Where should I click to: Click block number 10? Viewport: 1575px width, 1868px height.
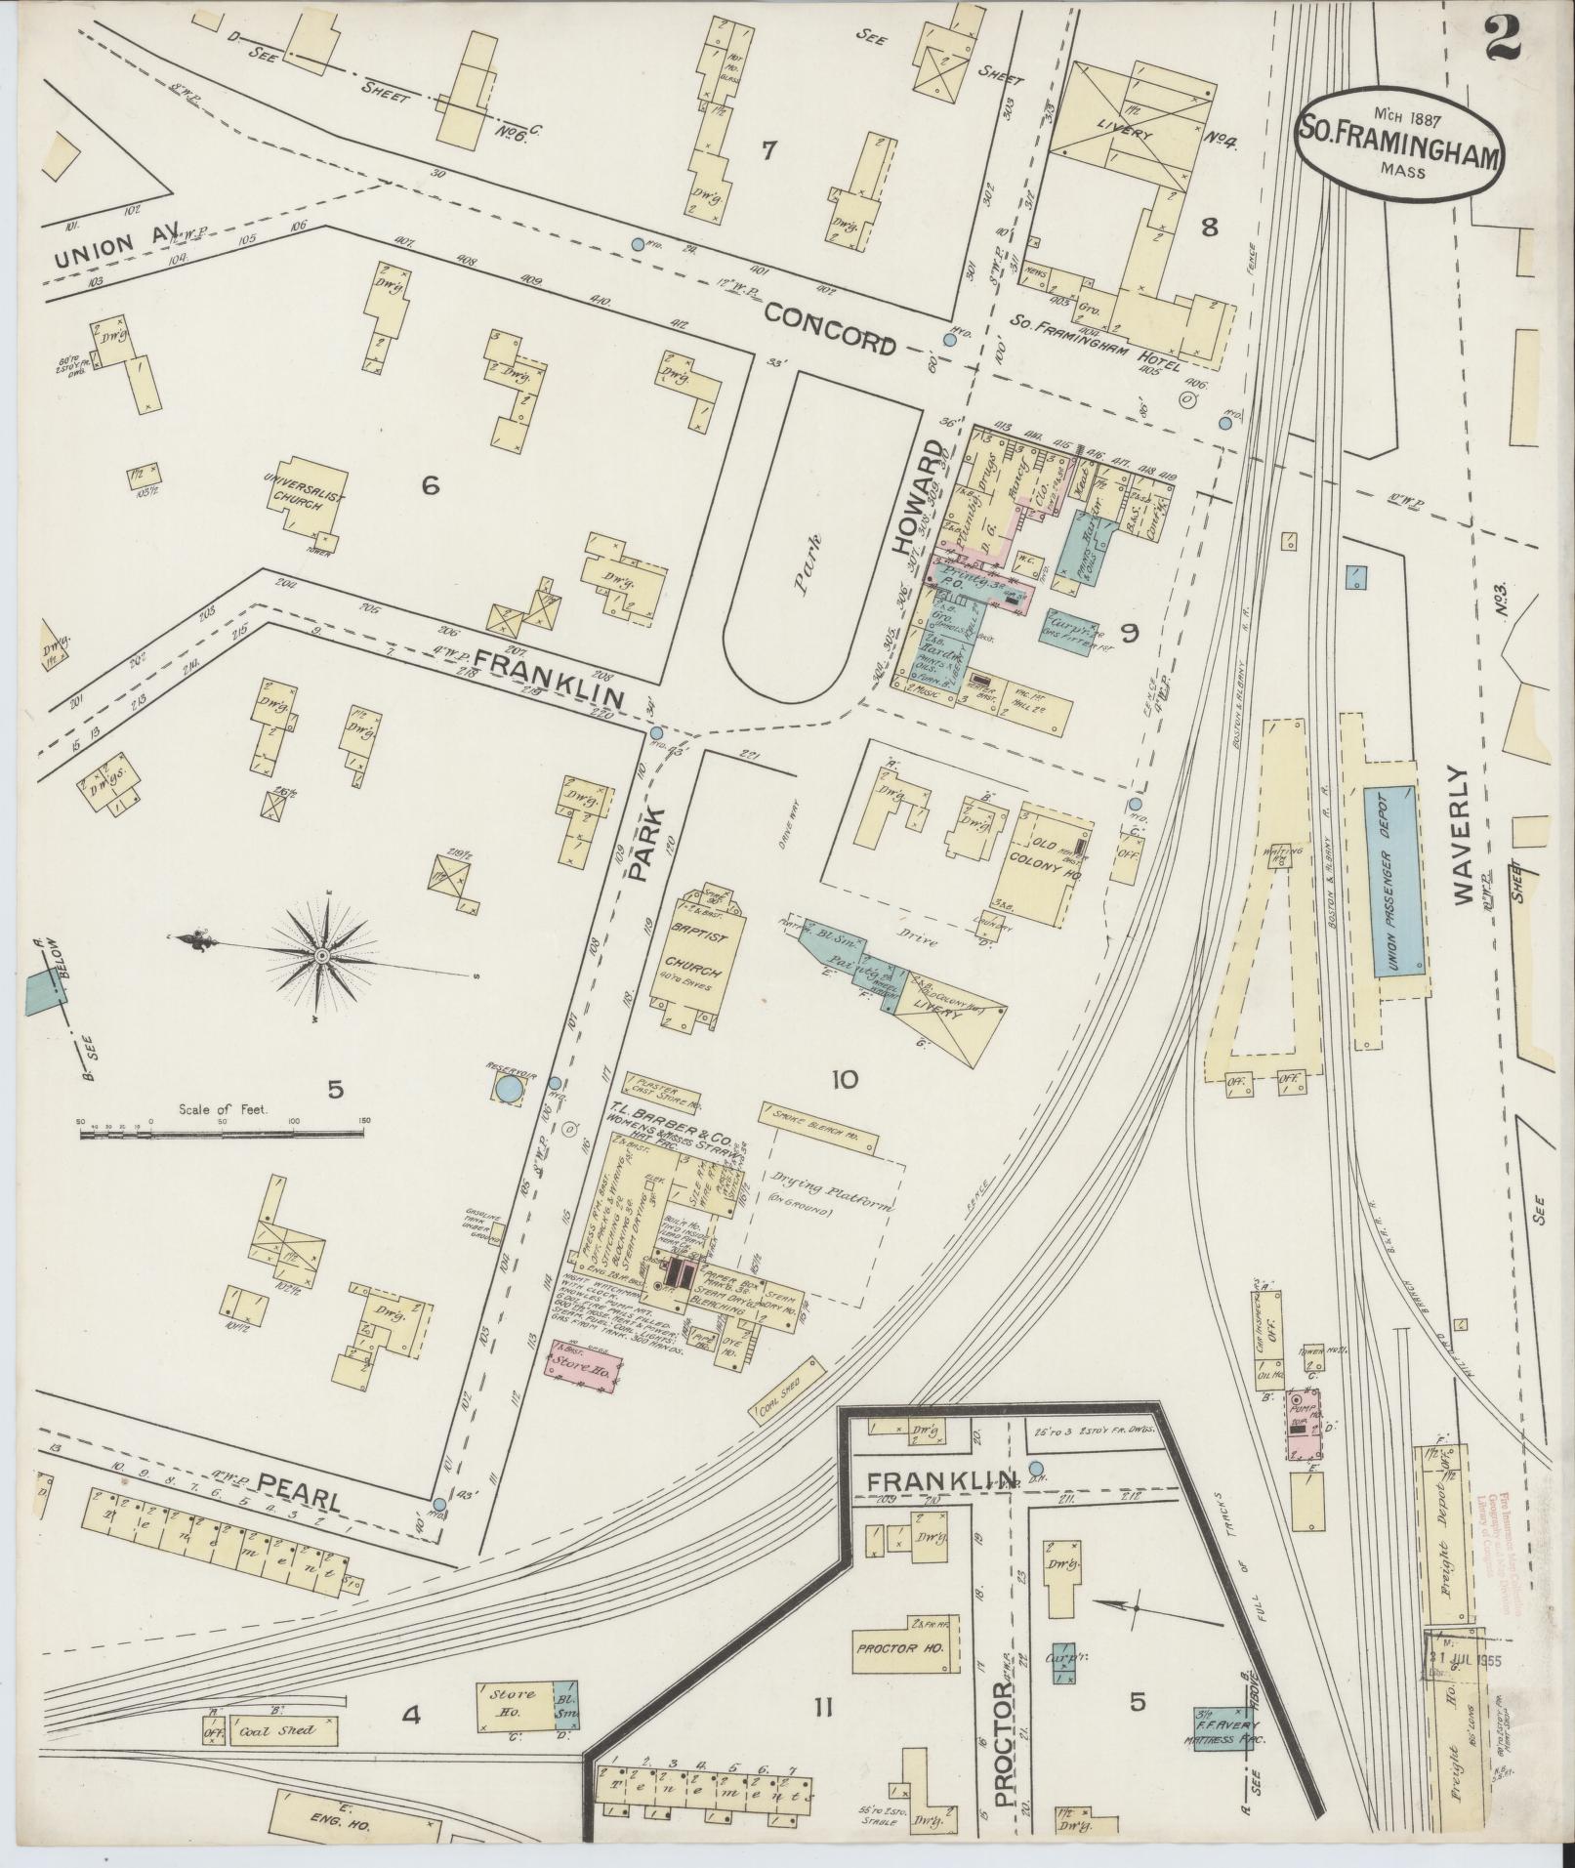pos(844,1079)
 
